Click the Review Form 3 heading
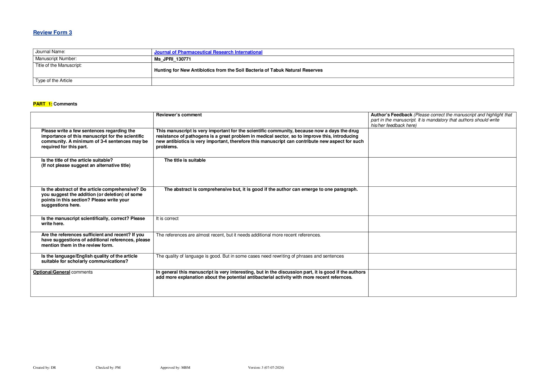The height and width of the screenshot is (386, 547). pyautogui.click(x=52, y=32)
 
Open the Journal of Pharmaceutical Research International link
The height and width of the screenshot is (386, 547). pyautogui.click(x=208, y=52)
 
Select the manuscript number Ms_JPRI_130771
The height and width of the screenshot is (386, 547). pyautogui.click(x=172, y=59)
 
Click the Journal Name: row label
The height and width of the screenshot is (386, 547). pyautogui.click(x=50, y=52)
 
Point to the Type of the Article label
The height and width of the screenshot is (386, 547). pyautogui.click(x=54, y=81)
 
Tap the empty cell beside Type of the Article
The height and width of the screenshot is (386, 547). pyautogui.click(x=332, y=81)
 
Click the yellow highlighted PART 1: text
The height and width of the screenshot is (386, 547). pyautogui.click(x=43, y=104)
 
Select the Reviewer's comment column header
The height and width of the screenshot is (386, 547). pyautogui.click(x=179, y=115)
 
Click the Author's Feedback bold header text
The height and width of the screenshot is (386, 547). pyautogui.click(x=391, y=115)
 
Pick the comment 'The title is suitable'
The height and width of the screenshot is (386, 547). pyautogui.click(x=185, y=160)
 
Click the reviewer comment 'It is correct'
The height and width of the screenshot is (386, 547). pyautogui.click(x=167, y=218)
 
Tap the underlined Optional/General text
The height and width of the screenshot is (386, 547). pyautogui.click(x=52, y=272)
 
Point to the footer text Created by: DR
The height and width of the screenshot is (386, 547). pyautogui.click(x=44, y=367)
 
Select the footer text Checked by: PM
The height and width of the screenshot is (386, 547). pyautogui.click(x=108, y=367)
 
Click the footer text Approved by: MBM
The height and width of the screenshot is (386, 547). pyautogui.click(x=175, y=367)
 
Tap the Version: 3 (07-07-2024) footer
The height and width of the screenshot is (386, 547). pyautogui.click(x=266, y=367)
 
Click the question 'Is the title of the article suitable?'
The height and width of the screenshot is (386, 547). pyautogui.click(x=77, y=160)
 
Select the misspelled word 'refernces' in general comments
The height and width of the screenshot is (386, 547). pyautogui.click(x=341, y=277)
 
